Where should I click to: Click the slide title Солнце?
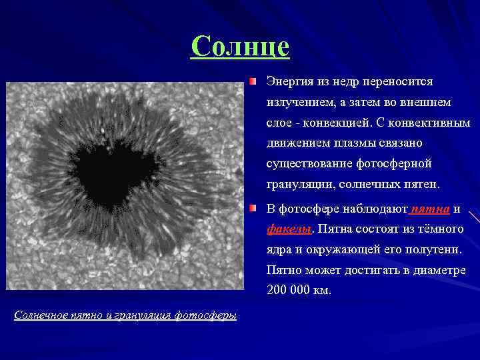point(240,47)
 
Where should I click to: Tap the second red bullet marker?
point(253,209)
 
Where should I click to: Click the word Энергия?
point(288,82)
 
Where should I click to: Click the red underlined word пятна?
point(431,209)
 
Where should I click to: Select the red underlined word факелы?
point(289,229)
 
